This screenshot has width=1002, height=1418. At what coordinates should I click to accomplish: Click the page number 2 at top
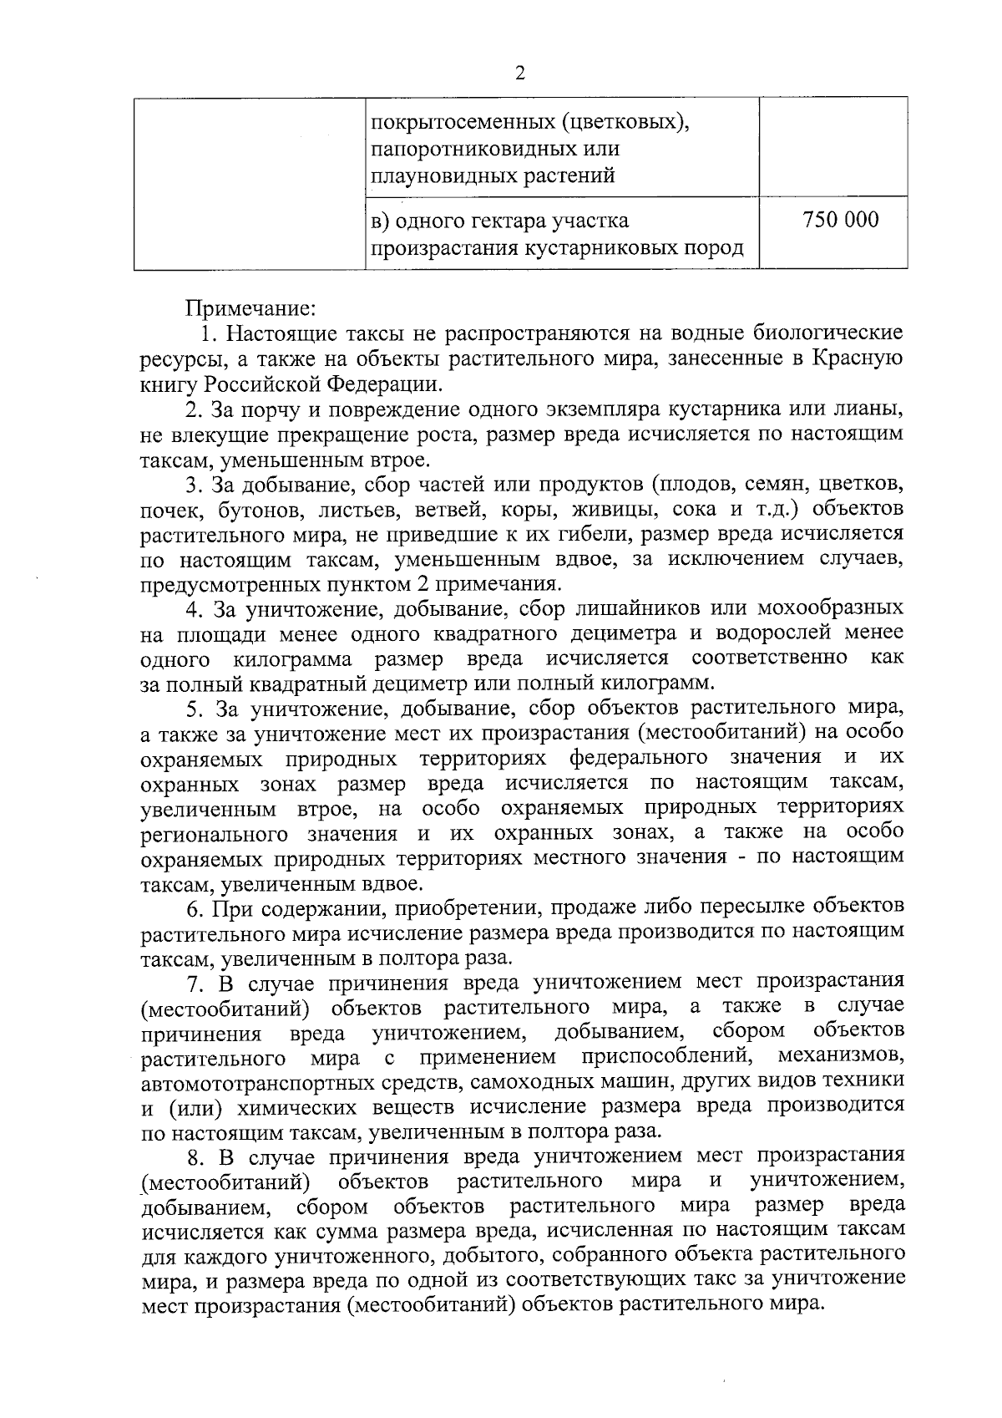tap(519, 74)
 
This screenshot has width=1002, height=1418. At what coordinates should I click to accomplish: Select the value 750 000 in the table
tap(840, 221)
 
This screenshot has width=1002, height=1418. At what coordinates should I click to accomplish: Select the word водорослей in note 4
tap(772, 633)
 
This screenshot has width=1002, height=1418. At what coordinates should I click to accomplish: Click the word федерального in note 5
tap(639, 758)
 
